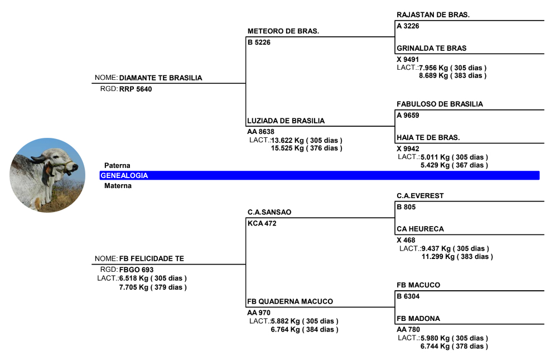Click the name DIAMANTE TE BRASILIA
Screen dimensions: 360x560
pos(161,78)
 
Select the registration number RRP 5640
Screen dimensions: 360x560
pos(136,89)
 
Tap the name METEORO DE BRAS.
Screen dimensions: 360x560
pos(283,31)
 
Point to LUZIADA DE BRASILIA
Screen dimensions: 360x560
pos(286,121)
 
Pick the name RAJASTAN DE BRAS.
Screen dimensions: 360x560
pos(433,15)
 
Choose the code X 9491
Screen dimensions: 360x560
pos(408,59)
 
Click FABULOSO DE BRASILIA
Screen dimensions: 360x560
pos(440,104)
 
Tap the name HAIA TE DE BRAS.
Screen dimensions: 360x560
pos(428,137)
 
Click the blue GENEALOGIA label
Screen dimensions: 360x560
pos(124,175)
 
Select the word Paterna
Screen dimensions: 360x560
pos(117,166)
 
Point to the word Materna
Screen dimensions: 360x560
pos(118,186)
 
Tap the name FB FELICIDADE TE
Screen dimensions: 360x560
pos(151,259)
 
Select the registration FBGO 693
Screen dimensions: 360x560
pos(136,270)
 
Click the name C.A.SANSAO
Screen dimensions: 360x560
pos(269,212)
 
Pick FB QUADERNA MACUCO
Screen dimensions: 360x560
pos(290,301)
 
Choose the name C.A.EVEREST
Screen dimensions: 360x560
pos(420,196)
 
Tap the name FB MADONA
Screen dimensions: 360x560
pos(418,319)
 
